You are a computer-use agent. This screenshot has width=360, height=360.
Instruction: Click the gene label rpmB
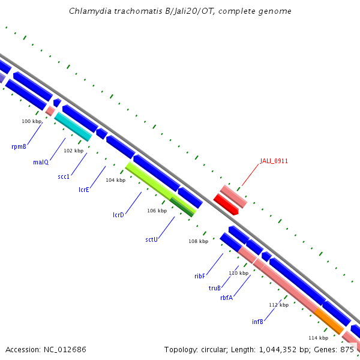tap(19, 146)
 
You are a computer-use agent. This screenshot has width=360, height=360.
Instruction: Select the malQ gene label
tap(41, 162)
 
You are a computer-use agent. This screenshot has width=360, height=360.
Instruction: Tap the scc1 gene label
tap(64, 176)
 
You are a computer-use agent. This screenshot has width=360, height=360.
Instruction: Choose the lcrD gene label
tap(118, 215)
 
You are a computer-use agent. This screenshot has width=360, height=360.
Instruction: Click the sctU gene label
tap(151, 239)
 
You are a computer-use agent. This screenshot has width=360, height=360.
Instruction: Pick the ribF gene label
tap(200, 276)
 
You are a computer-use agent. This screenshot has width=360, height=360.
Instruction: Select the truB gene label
tap(215, 288)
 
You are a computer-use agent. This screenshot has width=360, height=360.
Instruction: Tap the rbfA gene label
tap(226, 298)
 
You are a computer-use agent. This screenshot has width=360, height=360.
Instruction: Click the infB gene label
tap(257, 322)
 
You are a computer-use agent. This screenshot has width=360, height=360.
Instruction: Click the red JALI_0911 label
tap(274, 161)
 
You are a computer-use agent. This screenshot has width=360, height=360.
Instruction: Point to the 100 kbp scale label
tap(32, 121)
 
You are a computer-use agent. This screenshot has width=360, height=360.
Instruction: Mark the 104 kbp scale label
tap(116, 180)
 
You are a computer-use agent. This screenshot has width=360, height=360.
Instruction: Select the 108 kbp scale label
tap(199, 241)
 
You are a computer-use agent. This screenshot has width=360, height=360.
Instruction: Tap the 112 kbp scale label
tap(278, 305)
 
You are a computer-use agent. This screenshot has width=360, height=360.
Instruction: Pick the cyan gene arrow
tap(73, 127)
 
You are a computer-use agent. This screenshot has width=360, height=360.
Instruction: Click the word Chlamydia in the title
tap(89, 11)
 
